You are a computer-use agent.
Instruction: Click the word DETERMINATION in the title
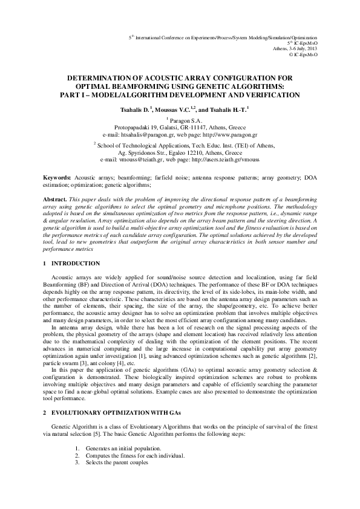coord(98,79)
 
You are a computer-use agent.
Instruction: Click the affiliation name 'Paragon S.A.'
coord(180,121)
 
